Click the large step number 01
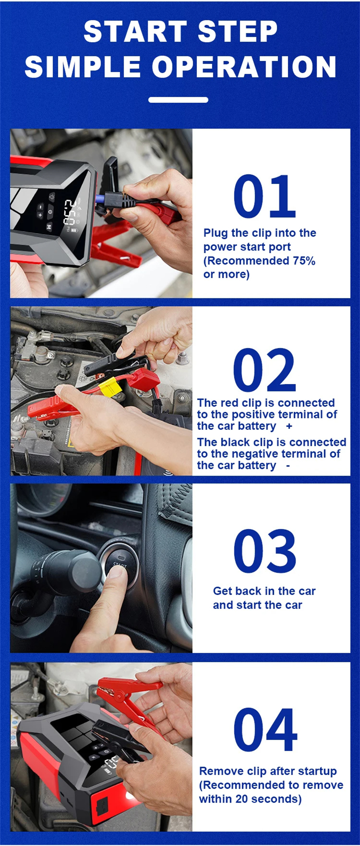click(265, 196)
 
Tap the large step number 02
click(265, 370)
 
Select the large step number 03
click(265, 551)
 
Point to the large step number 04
click(265, 730)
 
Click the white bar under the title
click(178, 100)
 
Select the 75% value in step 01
click(304, 260)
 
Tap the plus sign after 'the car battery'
click(289, 426)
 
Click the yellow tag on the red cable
click(110, 388)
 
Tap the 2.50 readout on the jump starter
click(69, 212)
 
